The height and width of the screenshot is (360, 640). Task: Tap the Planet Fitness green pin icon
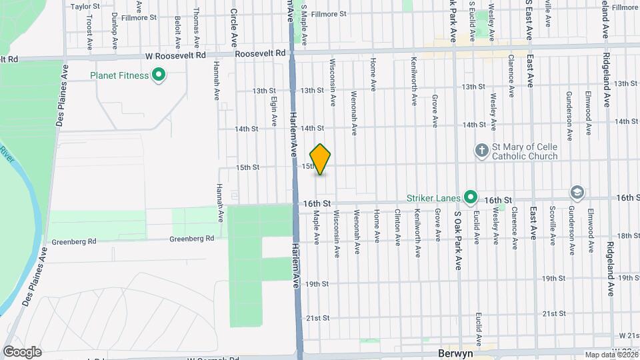point(159,75)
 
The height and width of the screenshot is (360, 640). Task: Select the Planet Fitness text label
point(119,75)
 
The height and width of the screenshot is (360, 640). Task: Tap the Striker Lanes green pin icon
point(471,197)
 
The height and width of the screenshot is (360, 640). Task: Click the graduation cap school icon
point(576,193)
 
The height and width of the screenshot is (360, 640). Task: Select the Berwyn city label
point(455,354)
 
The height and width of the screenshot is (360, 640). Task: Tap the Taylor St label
point(85,7)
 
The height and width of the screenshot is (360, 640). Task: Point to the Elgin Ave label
point(274,111)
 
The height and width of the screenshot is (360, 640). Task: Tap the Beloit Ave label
point(177,32)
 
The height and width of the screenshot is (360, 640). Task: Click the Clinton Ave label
point(397,227)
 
